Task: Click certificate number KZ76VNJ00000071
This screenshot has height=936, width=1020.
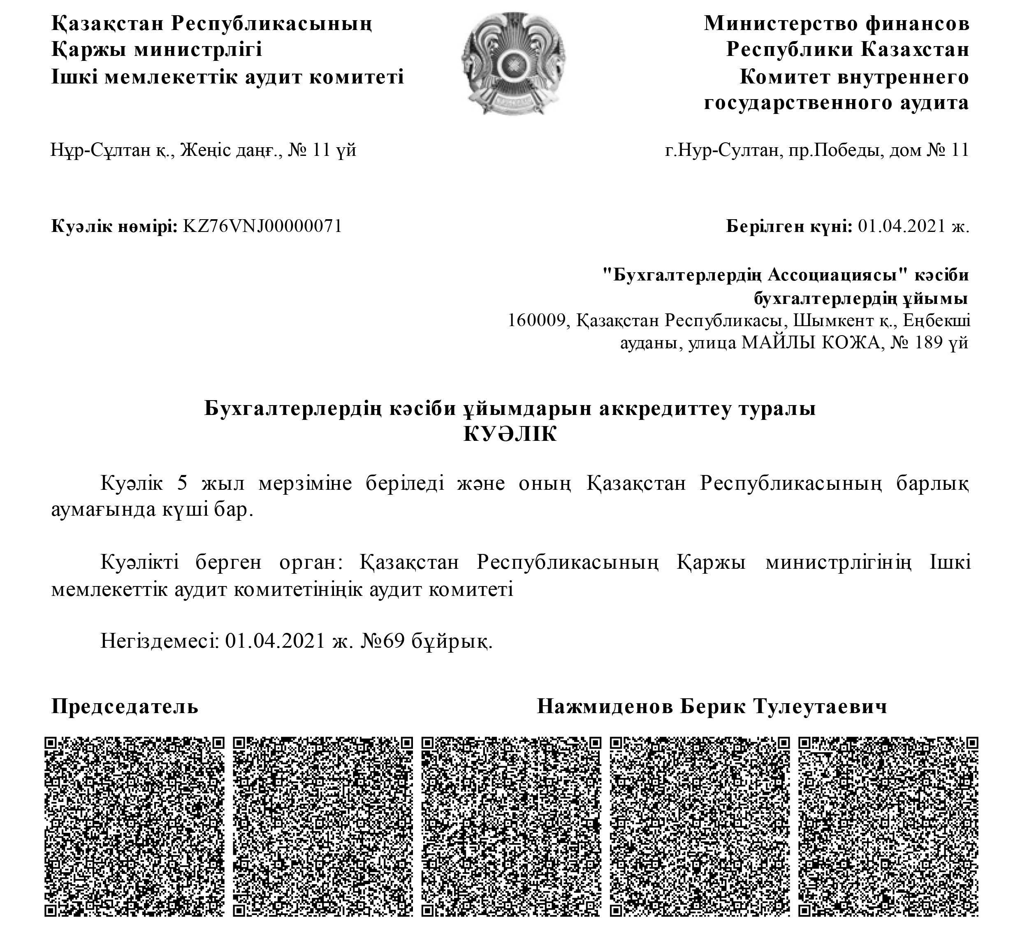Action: click(262, 226)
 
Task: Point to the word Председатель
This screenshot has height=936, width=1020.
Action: click(125, 706)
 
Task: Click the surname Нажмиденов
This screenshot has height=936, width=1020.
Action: click(605, 706)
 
